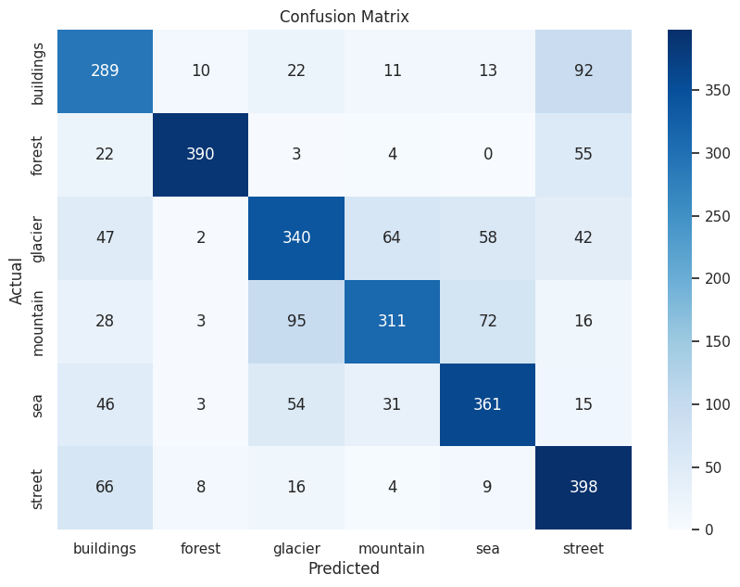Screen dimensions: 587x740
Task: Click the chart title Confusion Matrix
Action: [x=344, y=17]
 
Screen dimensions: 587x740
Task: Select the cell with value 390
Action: [x=201, y=154]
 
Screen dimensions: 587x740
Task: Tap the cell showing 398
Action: [x=583, y=488]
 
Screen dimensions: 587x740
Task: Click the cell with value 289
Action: [x=105, y=70]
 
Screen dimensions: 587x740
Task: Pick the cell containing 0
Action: [x=487, y=154]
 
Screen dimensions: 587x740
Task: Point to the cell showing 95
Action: [x=296, y=321]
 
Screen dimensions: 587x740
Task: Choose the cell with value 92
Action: [x=583, y=70]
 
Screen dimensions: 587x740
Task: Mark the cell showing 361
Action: [x=487, y=404]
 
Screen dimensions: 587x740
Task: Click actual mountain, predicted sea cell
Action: [x=487, y=321]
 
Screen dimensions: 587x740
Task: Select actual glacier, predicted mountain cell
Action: [x=392, y=237]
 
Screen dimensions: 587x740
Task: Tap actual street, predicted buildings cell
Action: [x=105, y=488]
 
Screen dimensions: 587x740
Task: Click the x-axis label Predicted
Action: [x=344, y=569]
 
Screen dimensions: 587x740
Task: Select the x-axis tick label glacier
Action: [x=296, y=548]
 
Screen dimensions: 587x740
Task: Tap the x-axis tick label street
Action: [x=583, y=548]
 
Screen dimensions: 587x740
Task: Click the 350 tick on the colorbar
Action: [x=717, y=91]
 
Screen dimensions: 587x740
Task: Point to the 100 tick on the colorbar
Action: [x=717, y=404]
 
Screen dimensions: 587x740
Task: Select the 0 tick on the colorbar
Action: [x=709, y=530]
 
